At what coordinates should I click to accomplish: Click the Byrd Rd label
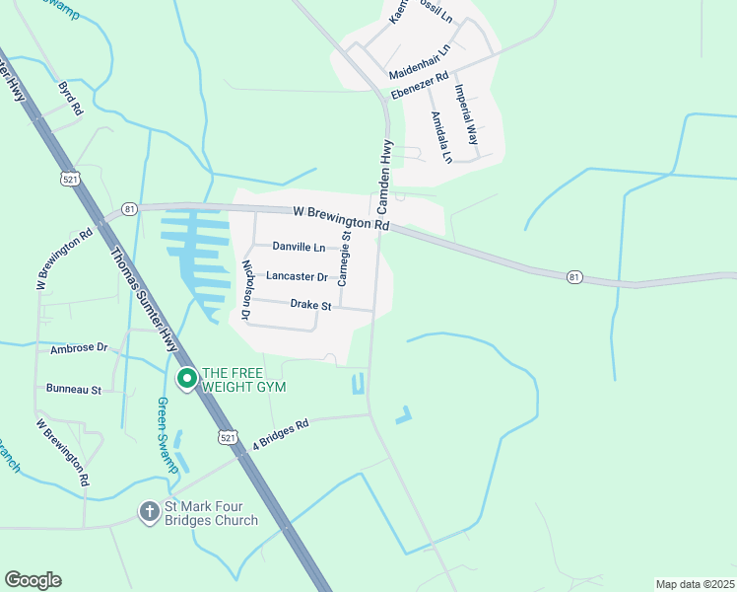[x=71, y=99]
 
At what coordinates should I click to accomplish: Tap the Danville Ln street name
[x=299, y=247]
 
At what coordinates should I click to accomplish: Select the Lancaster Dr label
[x=296, y=277]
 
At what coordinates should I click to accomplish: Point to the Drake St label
[x=310, y=306]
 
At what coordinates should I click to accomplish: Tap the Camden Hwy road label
[x=386, y=177]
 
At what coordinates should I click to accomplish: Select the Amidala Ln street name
[x=440, y=136]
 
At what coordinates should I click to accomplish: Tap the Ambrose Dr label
[x=78, y=348]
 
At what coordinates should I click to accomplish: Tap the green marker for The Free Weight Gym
[x=185, y=378]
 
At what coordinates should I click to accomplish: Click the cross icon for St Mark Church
[x=149, y=511]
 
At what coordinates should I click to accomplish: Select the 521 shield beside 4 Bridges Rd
[x=228, y=436]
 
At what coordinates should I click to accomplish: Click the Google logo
[x=33, y=580]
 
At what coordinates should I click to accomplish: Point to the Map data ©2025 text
[x=694, y=584]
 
